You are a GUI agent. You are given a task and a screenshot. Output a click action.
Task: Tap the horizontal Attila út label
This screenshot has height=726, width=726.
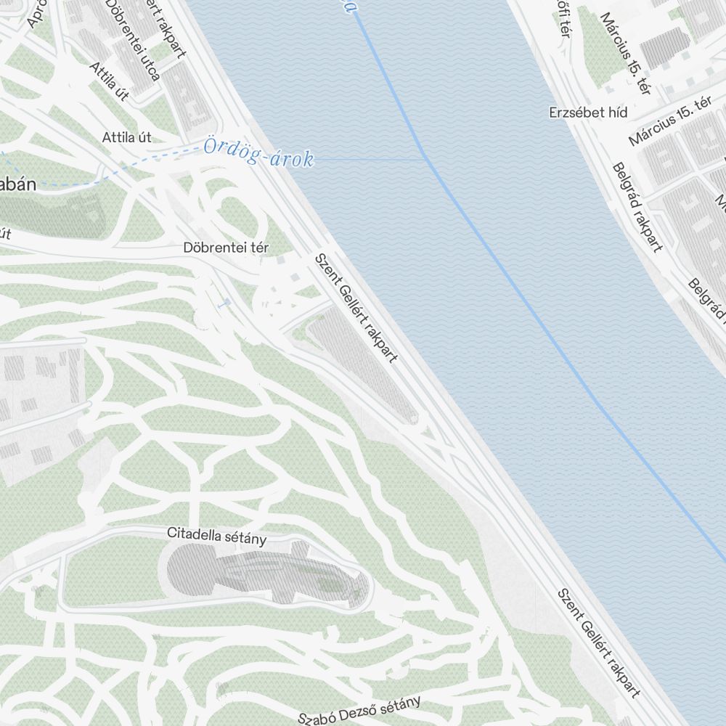pyautogui.click(x=126, y=136)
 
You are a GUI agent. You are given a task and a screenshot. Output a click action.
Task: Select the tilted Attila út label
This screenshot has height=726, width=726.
pyautogui.click(x=109, y=81)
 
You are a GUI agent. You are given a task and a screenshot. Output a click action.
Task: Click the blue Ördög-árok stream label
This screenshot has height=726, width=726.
pyautogui.click(x=258, y=153)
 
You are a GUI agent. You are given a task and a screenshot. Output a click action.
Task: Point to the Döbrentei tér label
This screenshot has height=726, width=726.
pyautogui.click(x=226, y=248)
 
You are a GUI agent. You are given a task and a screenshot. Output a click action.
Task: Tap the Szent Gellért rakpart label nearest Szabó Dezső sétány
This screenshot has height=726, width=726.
pyautogui.click(x=598, y=642)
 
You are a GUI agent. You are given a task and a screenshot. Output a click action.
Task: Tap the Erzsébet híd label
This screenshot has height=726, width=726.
pyautogui.click(x=588, y=113)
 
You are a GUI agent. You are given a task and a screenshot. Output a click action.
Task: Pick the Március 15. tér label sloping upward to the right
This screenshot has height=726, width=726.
pyautogui.click(x=669, y=121)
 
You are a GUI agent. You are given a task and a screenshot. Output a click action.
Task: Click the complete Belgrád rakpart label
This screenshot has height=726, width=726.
pyautogui.click(x=637, y=207)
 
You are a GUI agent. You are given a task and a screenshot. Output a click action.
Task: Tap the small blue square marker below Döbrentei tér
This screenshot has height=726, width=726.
pyautogui.click(x=228, y=301)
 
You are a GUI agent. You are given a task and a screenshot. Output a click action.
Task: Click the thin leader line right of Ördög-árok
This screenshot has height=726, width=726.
pyautogui.click(x=370, y=158)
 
